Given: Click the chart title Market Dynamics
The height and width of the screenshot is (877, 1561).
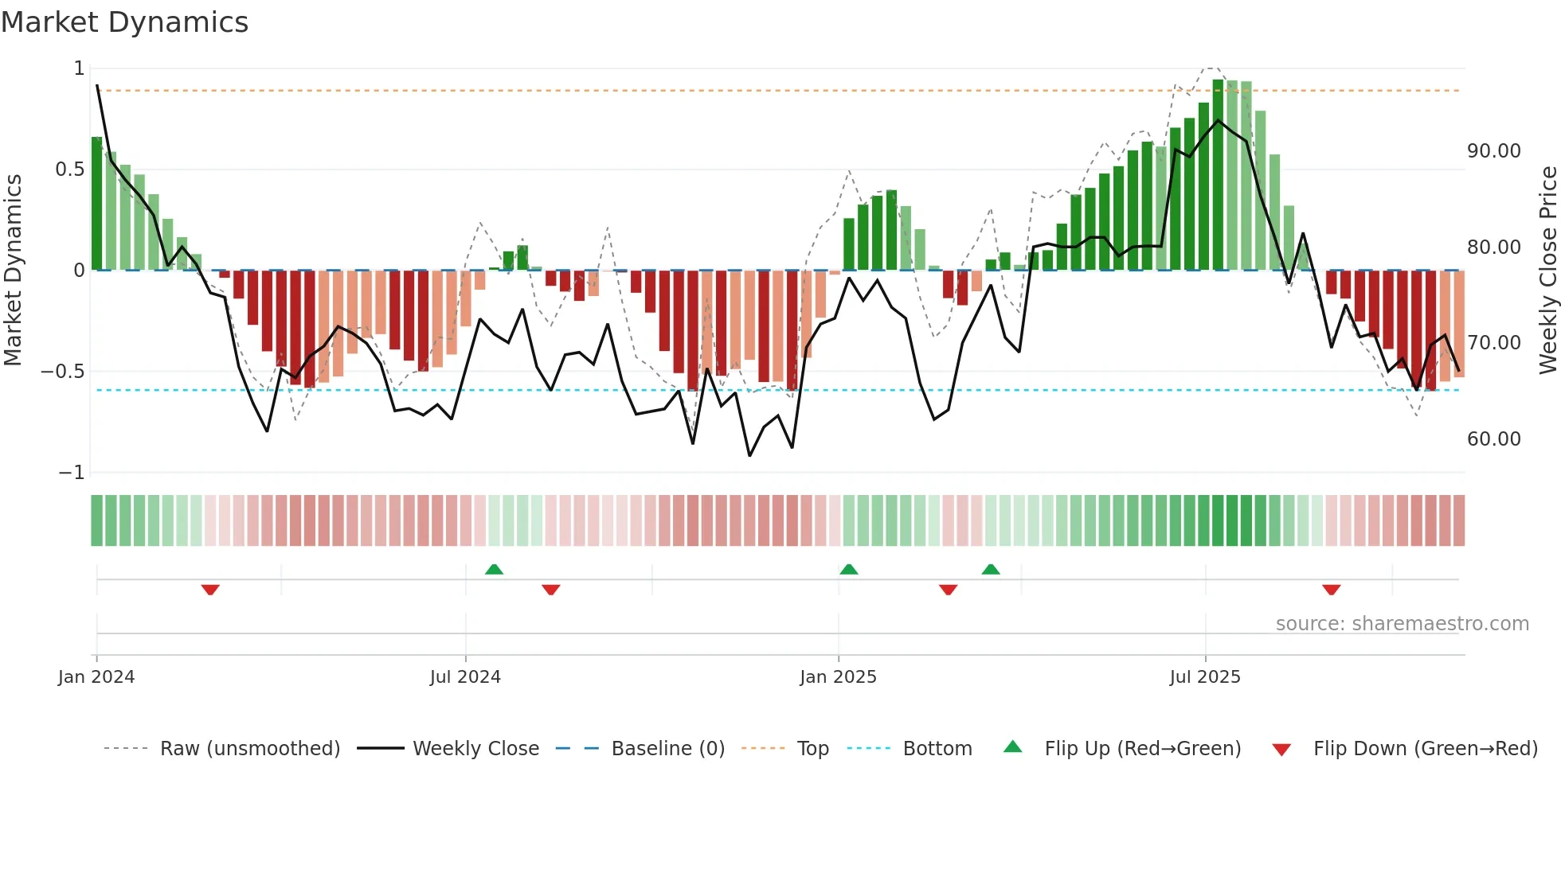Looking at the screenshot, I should pos(124,22).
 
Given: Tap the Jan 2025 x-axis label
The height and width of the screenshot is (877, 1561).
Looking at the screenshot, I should pos(838,677).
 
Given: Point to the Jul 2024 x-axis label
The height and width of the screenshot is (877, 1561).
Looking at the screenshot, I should pos(465,677).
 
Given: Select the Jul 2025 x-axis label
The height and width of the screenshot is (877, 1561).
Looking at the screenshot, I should pos(1205,677).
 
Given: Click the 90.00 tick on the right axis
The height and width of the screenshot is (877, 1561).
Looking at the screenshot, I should pos(1493,151).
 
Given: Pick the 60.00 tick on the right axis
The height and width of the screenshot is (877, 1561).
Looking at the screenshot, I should pos(1493,439).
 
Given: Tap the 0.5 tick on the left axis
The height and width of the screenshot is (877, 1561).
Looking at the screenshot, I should pos(69,170).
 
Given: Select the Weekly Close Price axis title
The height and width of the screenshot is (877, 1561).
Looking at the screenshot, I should pos(1547,270).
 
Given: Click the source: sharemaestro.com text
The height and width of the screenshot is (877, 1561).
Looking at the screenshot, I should pos(1402,624).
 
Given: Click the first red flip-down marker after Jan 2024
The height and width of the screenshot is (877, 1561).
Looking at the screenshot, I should pos(210,590).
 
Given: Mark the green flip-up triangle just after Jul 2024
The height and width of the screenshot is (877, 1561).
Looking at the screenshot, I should pos(494,569).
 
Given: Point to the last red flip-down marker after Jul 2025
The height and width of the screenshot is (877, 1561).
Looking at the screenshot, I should pos(1331,590).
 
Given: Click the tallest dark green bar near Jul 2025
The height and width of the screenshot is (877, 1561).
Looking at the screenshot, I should pos(1218,175).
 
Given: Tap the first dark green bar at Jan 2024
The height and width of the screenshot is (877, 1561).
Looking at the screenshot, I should pos(96,204).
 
